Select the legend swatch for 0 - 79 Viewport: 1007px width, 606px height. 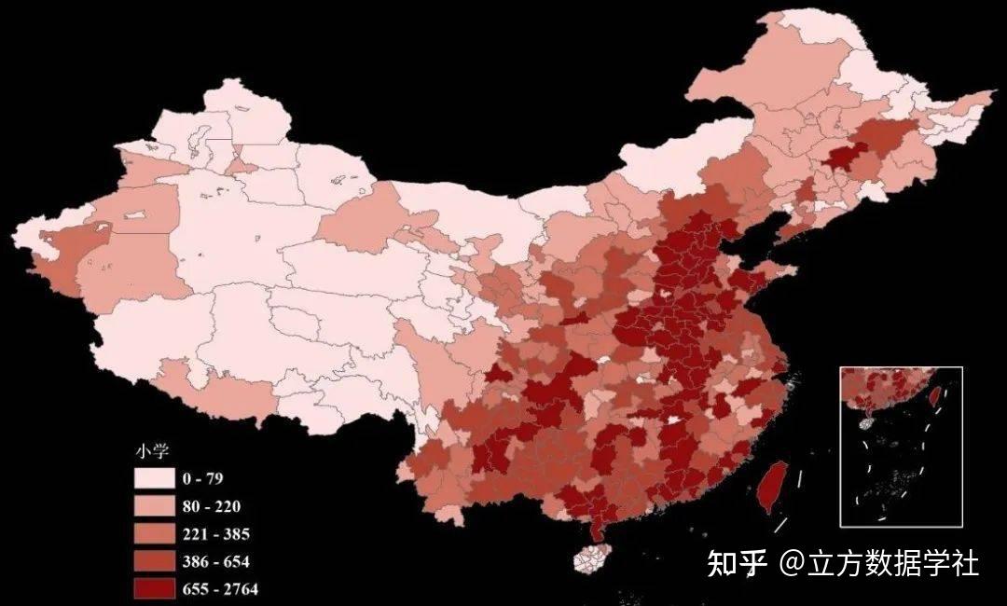click(x=154, y=478)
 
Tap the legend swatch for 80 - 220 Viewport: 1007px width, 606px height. click(x=154, y=506)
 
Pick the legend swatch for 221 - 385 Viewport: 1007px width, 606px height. click(x=154, y=534)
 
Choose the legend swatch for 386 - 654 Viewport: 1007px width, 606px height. click(x=154, y=561)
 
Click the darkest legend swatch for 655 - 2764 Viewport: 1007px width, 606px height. click(x=154, y=588)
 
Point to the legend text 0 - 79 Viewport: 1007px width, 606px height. click(x=203, y=479)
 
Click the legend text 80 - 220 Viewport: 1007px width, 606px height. click(x=212, y=507)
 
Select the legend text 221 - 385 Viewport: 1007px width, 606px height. click(x=215, y=534)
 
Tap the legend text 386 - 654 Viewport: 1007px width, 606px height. click(x=215, y=561)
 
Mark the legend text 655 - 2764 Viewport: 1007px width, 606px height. click(x=220, y=588)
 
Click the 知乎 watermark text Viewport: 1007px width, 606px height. click(x=737, y=564)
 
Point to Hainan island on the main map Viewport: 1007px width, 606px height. click(x=589, y=558)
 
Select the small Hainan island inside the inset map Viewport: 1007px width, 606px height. click(x=866, y=421)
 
